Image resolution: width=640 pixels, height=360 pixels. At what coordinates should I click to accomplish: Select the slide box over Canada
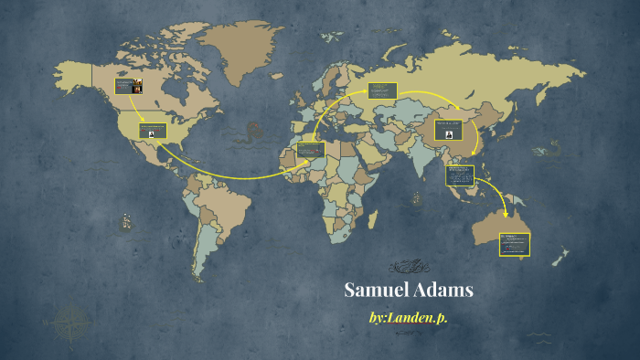click(129, 88)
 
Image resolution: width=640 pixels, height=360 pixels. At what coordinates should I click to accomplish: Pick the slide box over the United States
click(153, 131)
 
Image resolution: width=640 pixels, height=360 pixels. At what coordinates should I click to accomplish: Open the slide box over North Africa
click(311, 149)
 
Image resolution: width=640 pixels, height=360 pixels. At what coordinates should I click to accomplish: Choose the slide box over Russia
click(382, 91)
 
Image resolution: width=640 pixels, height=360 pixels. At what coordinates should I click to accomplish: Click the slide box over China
click(448, 129)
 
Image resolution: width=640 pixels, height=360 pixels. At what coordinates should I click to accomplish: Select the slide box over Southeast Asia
click(460, 175)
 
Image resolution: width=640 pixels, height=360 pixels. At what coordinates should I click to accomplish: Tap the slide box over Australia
click(514, 244)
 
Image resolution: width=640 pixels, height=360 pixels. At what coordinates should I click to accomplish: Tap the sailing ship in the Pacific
click(126, 221)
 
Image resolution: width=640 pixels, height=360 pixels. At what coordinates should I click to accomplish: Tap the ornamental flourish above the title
click(409, 267)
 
